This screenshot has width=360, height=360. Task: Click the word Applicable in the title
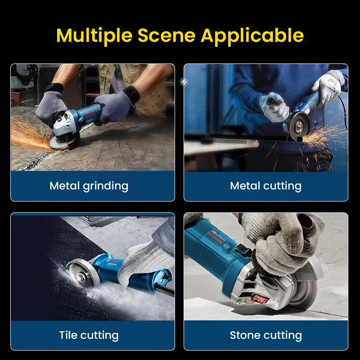pyautogui.click(x=252, y=35)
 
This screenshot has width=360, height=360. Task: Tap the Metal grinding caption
pyautogui.click(x=89, y=185)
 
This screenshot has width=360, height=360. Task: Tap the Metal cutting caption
pyautogui.click(x=265, y=185)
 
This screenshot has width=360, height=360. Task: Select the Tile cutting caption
pyautogui.click(x=89, y=335)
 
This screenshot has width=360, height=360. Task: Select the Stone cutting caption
pyautogui.click(x=265, y=335)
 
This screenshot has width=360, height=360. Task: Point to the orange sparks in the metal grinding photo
pyautogui.click(x=27, y=135)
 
